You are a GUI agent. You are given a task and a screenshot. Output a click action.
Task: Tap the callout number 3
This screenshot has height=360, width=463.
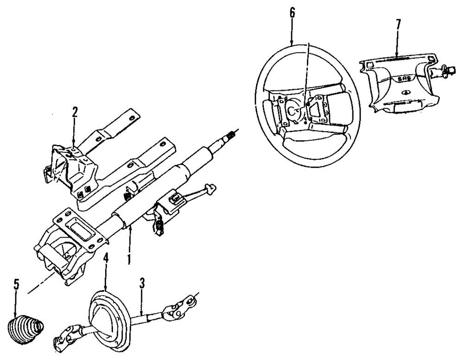tap(143, 283)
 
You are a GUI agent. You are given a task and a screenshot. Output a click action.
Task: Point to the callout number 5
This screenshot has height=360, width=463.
tap(17, 284)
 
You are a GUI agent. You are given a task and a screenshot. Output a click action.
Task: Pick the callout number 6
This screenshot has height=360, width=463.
tap(292, 13)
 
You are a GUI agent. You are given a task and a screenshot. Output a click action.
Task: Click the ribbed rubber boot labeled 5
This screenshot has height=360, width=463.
tap(25, 329)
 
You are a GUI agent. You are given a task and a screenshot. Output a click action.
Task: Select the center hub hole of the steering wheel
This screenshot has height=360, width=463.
tap(293, 109)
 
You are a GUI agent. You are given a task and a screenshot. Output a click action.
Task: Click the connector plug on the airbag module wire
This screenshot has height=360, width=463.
tap(446, 69)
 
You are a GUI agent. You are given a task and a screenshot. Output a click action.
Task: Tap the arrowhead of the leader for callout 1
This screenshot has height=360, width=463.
tap(131, 226)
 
